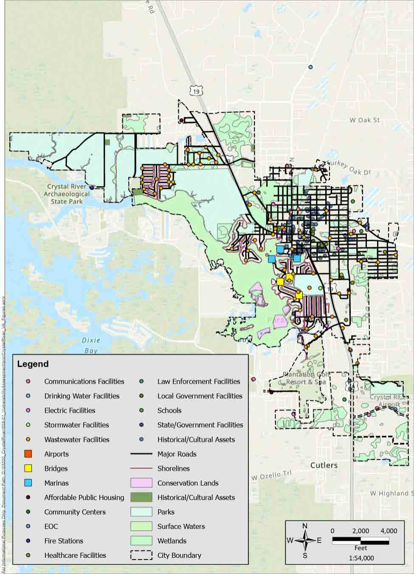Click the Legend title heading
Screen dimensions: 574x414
point(33,364)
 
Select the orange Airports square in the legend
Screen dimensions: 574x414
point(28,454)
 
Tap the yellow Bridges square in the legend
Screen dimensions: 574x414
point(28,468)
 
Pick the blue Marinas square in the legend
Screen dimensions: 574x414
point(28,483)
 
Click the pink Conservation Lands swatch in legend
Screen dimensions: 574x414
point(141,483)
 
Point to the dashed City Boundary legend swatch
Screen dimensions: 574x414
point(141,555)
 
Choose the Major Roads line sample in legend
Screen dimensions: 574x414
point(141,454)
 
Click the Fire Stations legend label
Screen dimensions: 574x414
point(64,541)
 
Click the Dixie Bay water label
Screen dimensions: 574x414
point(91,345)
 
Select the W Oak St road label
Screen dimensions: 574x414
point(364,120)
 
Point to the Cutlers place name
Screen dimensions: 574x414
point(324,465)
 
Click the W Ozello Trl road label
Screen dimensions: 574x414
point(272,476)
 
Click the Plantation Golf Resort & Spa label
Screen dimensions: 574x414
point(305,378)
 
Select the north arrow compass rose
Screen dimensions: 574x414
point(305,540)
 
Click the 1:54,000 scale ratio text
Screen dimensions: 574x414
point(361,558)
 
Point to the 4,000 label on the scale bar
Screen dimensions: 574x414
point(389,531)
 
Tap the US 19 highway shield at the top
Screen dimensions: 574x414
point(195,91)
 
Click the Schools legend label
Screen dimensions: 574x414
point(169,410)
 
